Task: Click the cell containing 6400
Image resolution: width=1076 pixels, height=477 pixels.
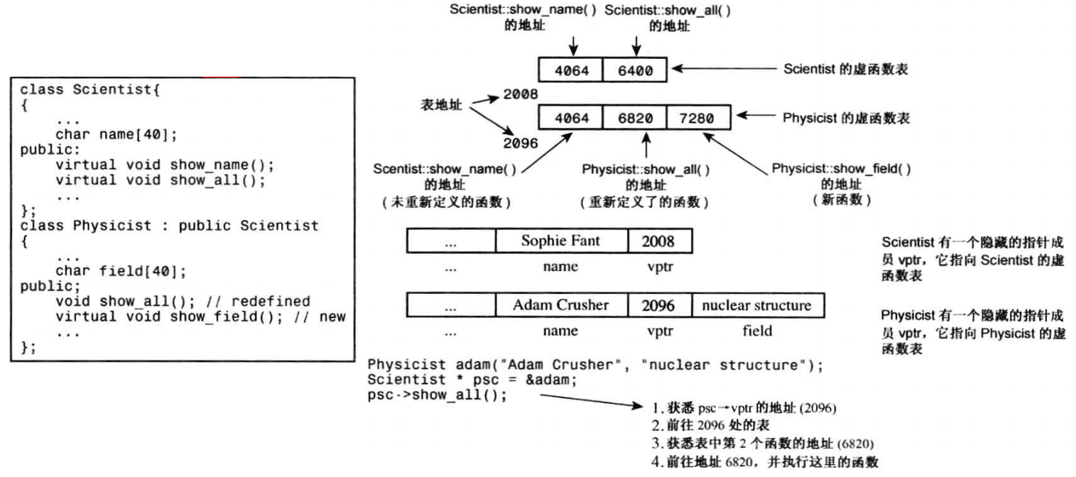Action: [x=636, y=71]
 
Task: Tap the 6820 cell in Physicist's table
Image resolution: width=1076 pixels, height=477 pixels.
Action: [x=635, y=118]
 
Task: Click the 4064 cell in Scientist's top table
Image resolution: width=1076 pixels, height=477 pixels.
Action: [x=571, y=71]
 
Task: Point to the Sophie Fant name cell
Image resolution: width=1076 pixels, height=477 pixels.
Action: [x=561, y=241]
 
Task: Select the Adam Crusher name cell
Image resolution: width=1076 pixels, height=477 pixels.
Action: [x=561, y=305]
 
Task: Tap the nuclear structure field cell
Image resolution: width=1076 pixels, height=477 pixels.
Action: [x=756, y=305]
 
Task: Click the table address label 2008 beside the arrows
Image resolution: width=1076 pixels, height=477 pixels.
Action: [x=520, y=94]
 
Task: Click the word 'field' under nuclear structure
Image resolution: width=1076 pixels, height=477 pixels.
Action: [x=756, y=331]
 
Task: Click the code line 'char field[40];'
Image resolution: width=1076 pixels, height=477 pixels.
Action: [x=116, y=271]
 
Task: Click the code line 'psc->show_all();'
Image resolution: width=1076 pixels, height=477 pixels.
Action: [x=438, y=395]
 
